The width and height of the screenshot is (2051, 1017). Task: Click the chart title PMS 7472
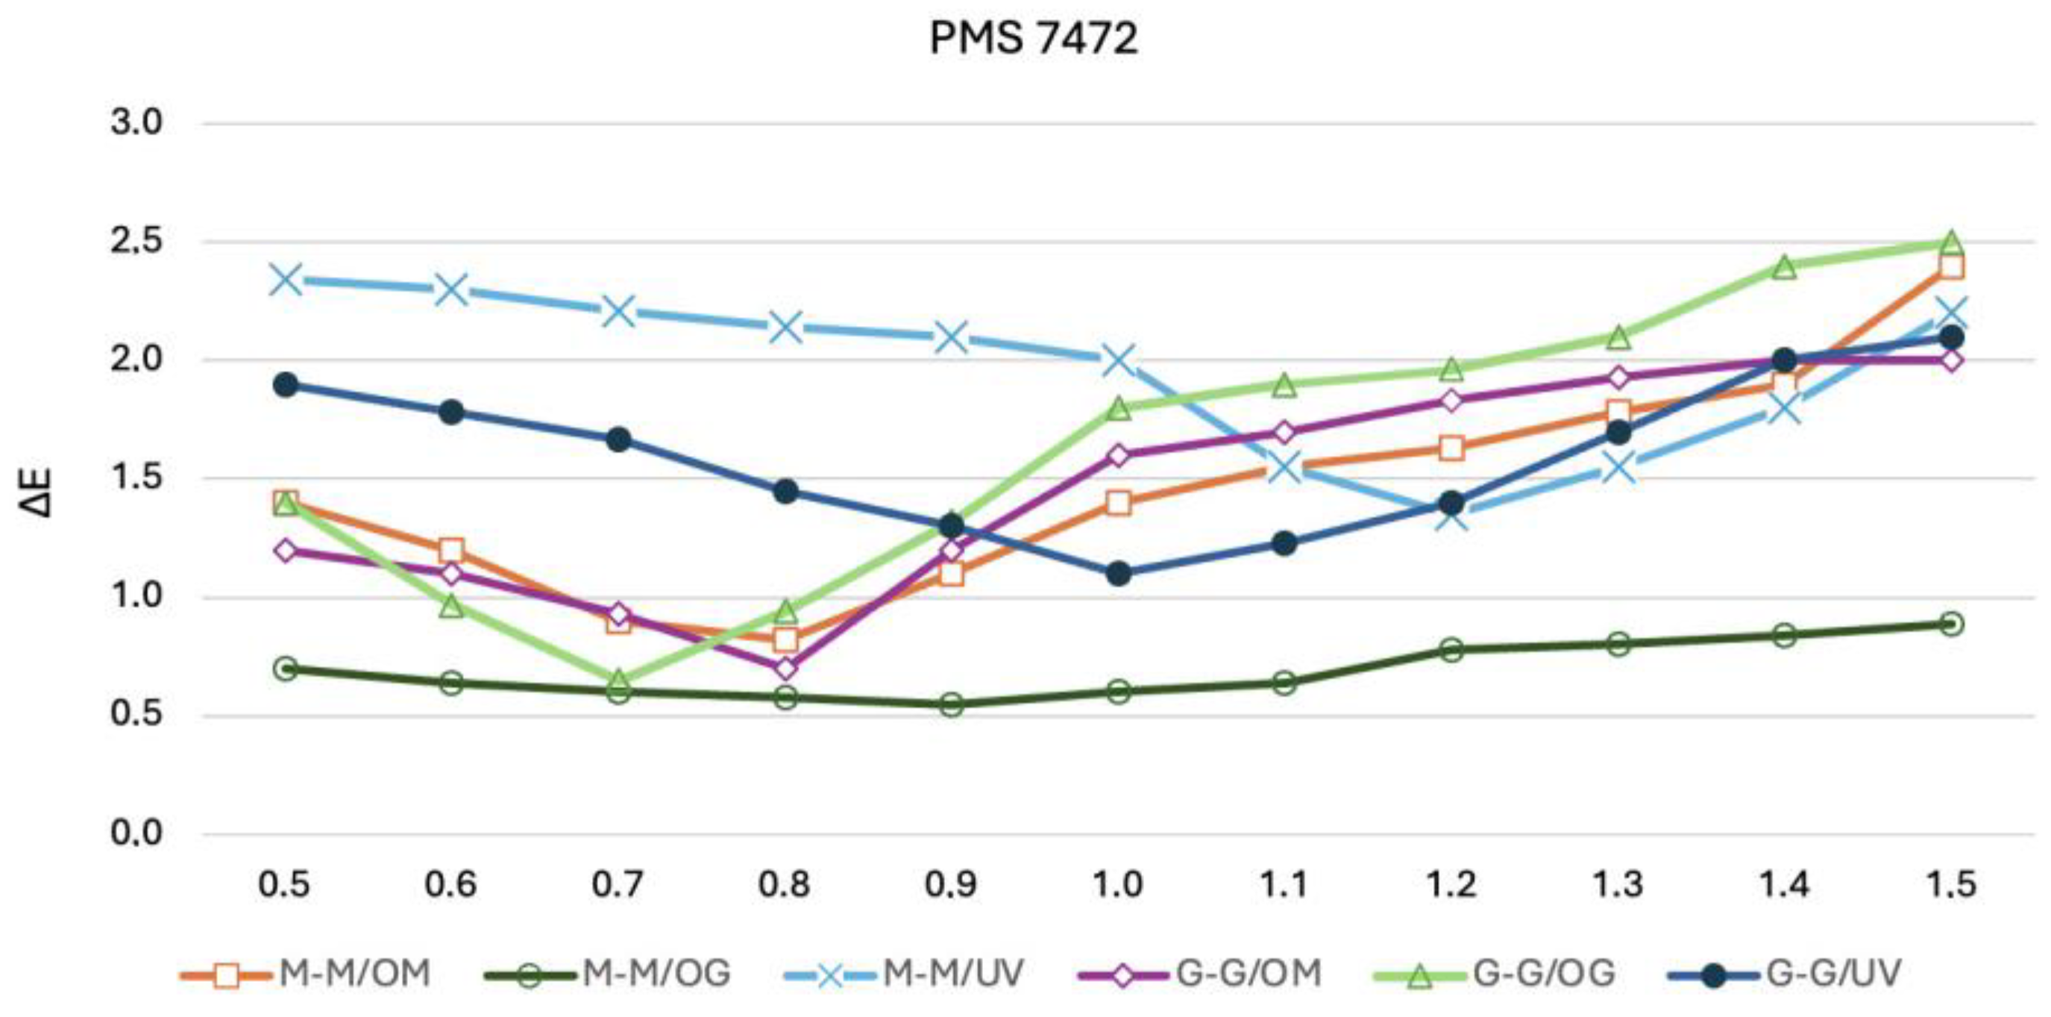click(x=1034, y=37)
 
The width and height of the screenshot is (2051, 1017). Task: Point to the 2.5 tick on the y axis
click(x=136, y=241)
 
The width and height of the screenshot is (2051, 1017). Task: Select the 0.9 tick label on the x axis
click(x=952, y=885)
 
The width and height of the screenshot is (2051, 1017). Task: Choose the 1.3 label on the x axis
click(x=1618, y=885)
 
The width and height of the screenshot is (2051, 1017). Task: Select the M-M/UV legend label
click(x=953, y=973)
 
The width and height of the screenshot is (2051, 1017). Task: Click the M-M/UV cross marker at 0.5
click(x=286, y=280)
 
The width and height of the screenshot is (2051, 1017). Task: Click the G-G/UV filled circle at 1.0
click(x=1118, y=573)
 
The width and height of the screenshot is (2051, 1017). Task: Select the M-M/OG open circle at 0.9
click(x=952, y=704)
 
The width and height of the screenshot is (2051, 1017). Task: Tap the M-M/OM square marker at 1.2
click(x=1451, y=448)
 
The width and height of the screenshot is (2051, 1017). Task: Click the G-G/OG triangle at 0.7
click(x=618, y=680)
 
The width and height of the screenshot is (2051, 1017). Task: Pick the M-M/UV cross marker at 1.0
click(x=1118, y=360)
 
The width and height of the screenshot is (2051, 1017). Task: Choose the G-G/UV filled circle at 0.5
click(x=286, y=385)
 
